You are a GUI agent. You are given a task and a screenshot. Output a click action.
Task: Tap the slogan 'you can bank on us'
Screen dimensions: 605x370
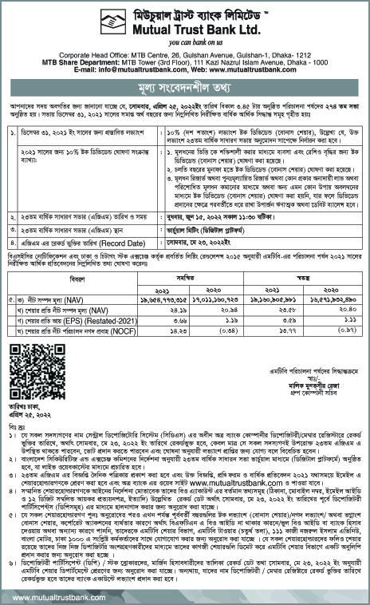(x=185, y=40)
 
